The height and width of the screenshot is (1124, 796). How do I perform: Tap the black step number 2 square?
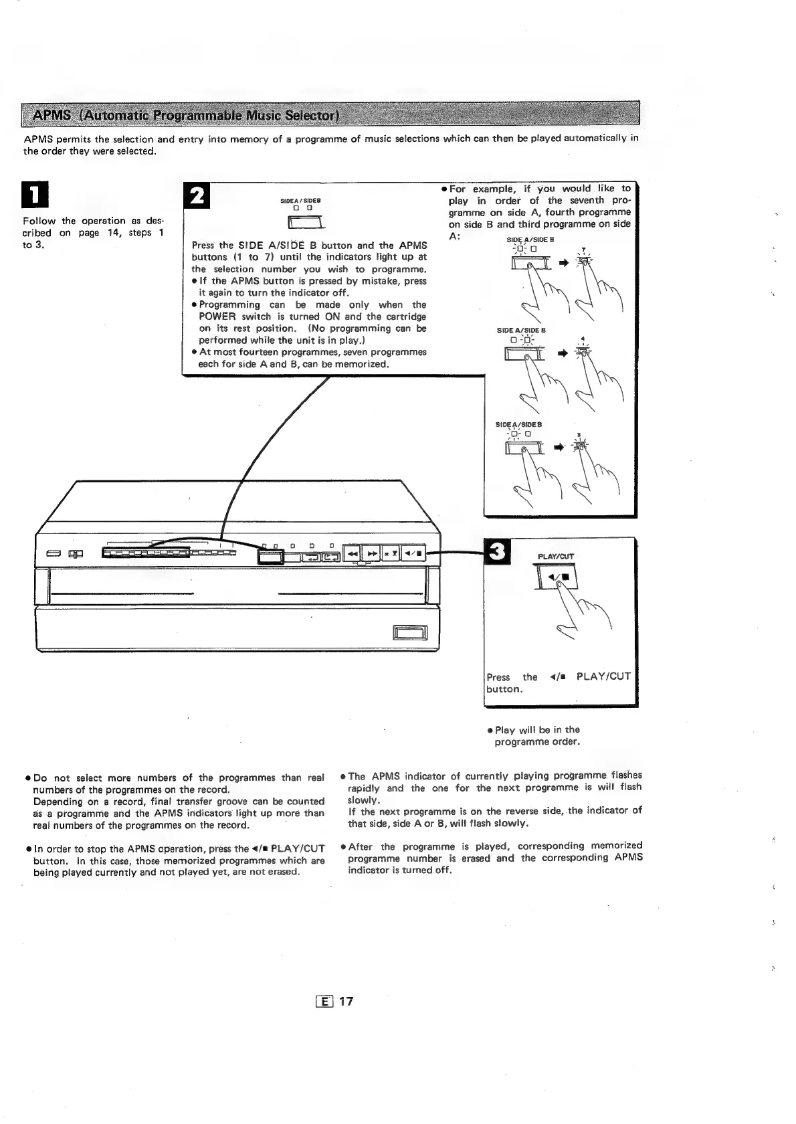coord(197,195)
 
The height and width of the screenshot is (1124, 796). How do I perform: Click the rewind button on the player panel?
coord(352,553)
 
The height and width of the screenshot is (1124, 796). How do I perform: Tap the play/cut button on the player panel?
coord(411,553)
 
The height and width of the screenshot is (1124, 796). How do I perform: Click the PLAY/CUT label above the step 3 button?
coord(556,556)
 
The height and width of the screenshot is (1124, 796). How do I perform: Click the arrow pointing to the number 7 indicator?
coord(563,263)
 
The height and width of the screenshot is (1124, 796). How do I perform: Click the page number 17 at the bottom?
coord(345,1002)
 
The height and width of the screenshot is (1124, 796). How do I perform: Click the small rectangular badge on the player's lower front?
coord(405,632)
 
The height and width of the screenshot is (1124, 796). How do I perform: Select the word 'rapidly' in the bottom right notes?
coord(367,787)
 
